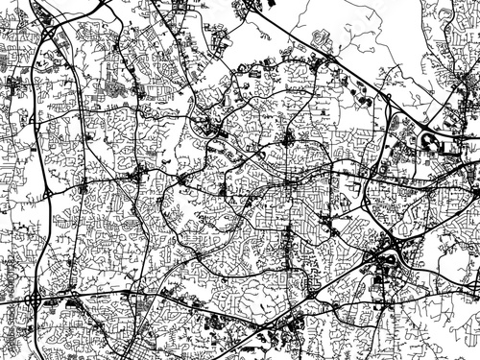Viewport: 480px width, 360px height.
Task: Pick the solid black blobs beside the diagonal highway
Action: (x=366, y=97)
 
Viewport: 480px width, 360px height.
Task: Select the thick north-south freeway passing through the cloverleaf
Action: (x=36, y=240)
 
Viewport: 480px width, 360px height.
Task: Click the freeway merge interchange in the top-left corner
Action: (x=48, y=34)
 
